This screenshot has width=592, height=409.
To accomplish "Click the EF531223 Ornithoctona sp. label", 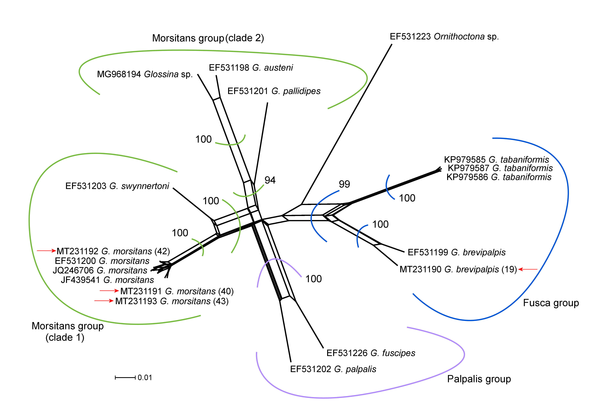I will pos(444,37).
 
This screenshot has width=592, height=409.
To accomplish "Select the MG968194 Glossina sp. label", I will pos(145,74).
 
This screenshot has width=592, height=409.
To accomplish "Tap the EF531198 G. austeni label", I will pos(251,68).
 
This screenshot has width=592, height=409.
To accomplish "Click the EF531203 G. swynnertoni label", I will pos(117,186).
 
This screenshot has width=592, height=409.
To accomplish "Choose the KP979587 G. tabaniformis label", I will pos(500,168).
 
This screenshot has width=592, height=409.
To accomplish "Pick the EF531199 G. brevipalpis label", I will pos(456,252).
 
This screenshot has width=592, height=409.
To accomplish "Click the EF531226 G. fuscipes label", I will pos(371,353).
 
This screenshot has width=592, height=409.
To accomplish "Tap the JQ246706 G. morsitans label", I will pos(100,270).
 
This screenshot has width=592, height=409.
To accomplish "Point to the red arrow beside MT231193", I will pos(104,301).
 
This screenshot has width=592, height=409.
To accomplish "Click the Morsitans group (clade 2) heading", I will pos(208,38).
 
